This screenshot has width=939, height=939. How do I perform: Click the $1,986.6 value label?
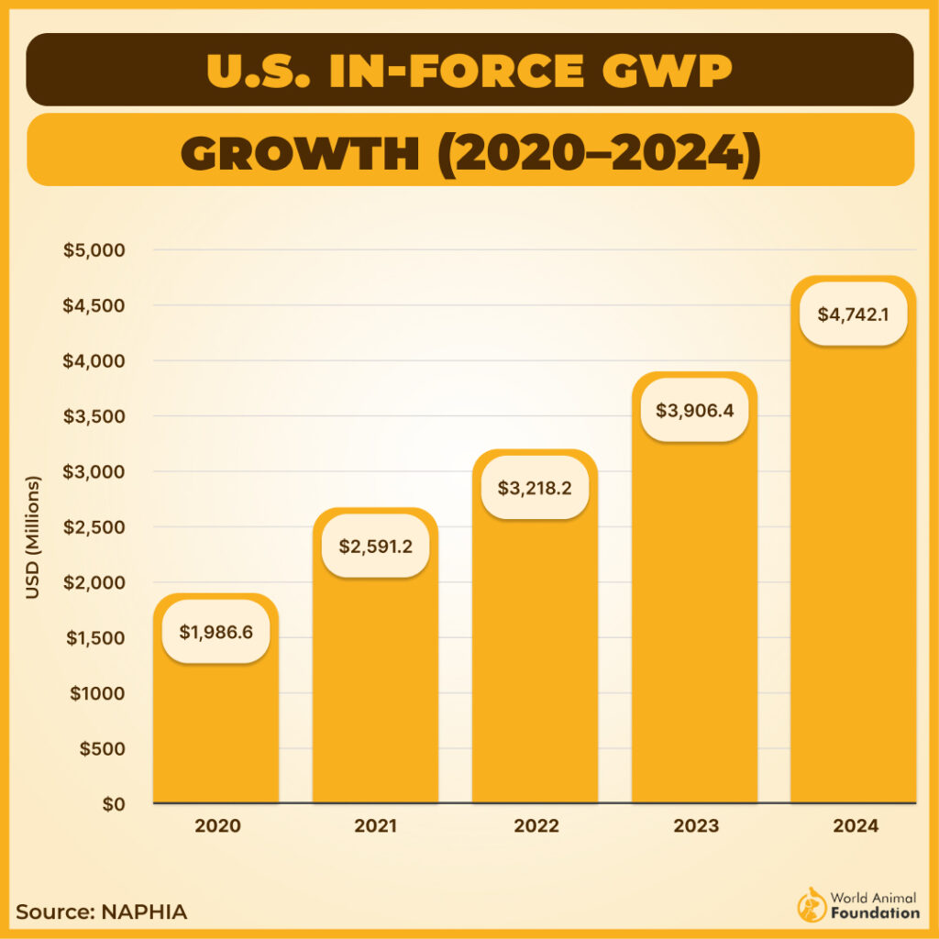[x=215, y=631]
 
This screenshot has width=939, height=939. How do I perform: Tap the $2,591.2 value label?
[x=375, y=547]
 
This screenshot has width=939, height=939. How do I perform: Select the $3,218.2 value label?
[x=535, y=488]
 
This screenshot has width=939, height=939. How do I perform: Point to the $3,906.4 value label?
[x=694, y=410]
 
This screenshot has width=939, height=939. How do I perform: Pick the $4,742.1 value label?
[x=854, y=314]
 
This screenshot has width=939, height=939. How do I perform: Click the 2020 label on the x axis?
[x=217, y=825]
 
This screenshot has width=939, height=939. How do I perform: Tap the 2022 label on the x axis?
[x=536, y=825]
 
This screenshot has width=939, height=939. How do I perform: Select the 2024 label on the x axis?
[x=856, y=825]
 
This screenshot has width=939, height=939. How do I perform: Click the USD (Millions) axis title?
[x=34, y=537]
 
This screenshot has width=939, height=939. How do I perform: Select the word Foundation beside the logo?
[x=875, y=912]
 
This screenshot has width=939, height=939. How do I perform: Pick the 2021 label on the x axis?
[x=376, y=825]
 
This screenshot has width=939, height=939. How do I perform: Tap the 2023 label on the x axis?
[x=695, y=825]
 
